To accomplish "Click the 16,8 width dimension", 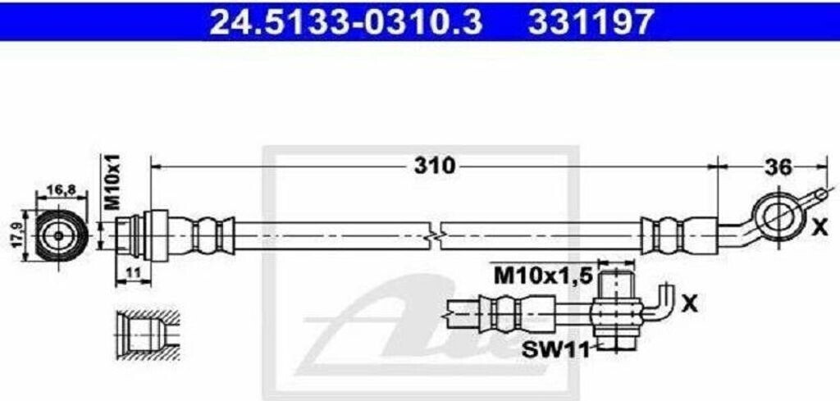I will tap(57, 189).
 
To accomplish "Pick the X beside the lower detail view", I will tap(689, 304).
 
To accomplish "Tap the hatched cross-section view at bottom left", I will tap(145, 335).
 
